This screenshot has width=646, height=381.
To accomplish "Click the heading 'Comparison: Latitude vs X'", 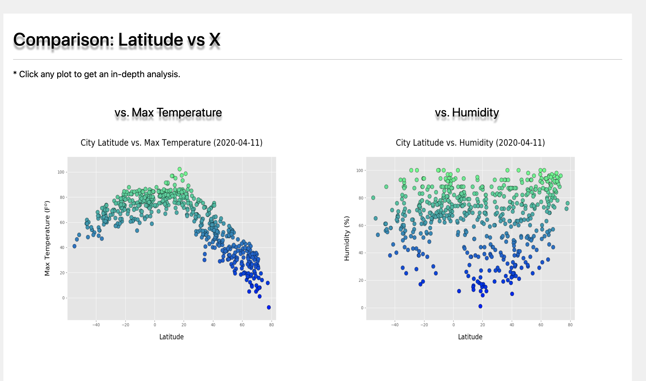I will click(117, 40).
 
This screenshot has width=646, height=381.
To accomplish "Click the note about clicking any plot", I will click(97, 74).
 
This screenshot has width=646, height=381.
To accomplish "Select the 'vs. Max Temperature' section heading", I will click(168, 112).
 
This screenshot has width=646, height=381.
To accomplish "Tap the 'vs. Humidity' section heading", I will click(467, 112).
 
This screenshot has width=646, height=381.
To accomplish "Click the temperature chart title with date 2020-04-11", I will click(171, 143).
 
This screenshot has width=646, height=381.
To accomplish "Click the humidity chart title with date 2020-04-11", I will click(470, 143).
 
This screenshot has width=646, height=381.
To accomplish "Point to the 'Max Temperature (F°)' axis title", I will click(47, 238).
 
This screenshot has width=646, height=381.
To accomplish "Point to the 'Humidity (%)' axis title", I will click(346, 238).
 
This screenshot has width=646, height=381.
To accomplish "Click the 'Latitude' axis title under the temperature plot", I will click(171, 337).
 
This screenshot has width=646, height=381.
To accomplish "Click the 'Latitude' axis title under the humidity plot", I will click(470, 337).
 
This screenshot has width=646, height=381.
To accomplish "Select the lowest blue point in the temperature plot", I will click(269, 307).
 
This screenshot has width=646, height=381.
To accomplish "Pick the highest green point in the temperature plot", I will click(180, 169).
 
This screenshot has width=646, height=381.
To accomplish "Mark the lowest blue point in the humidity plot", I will click(480, 306).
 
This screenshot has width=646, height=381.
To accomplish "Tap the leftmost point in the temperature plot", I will click(74, 246).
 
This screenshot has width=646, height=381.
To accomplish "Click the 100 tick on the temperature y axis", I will click(61, 172).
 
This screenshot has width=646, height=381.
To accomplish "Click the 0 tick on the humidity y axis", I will click(362, 308).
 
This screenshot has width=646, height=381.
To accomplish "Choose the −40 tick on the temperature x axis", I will click(96, 325).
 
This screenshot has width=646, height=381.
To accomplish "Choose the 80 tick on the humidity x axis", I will click(570, 325).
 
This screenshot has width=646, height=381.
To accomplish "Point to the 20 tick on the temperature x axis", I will click(184, 325).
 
